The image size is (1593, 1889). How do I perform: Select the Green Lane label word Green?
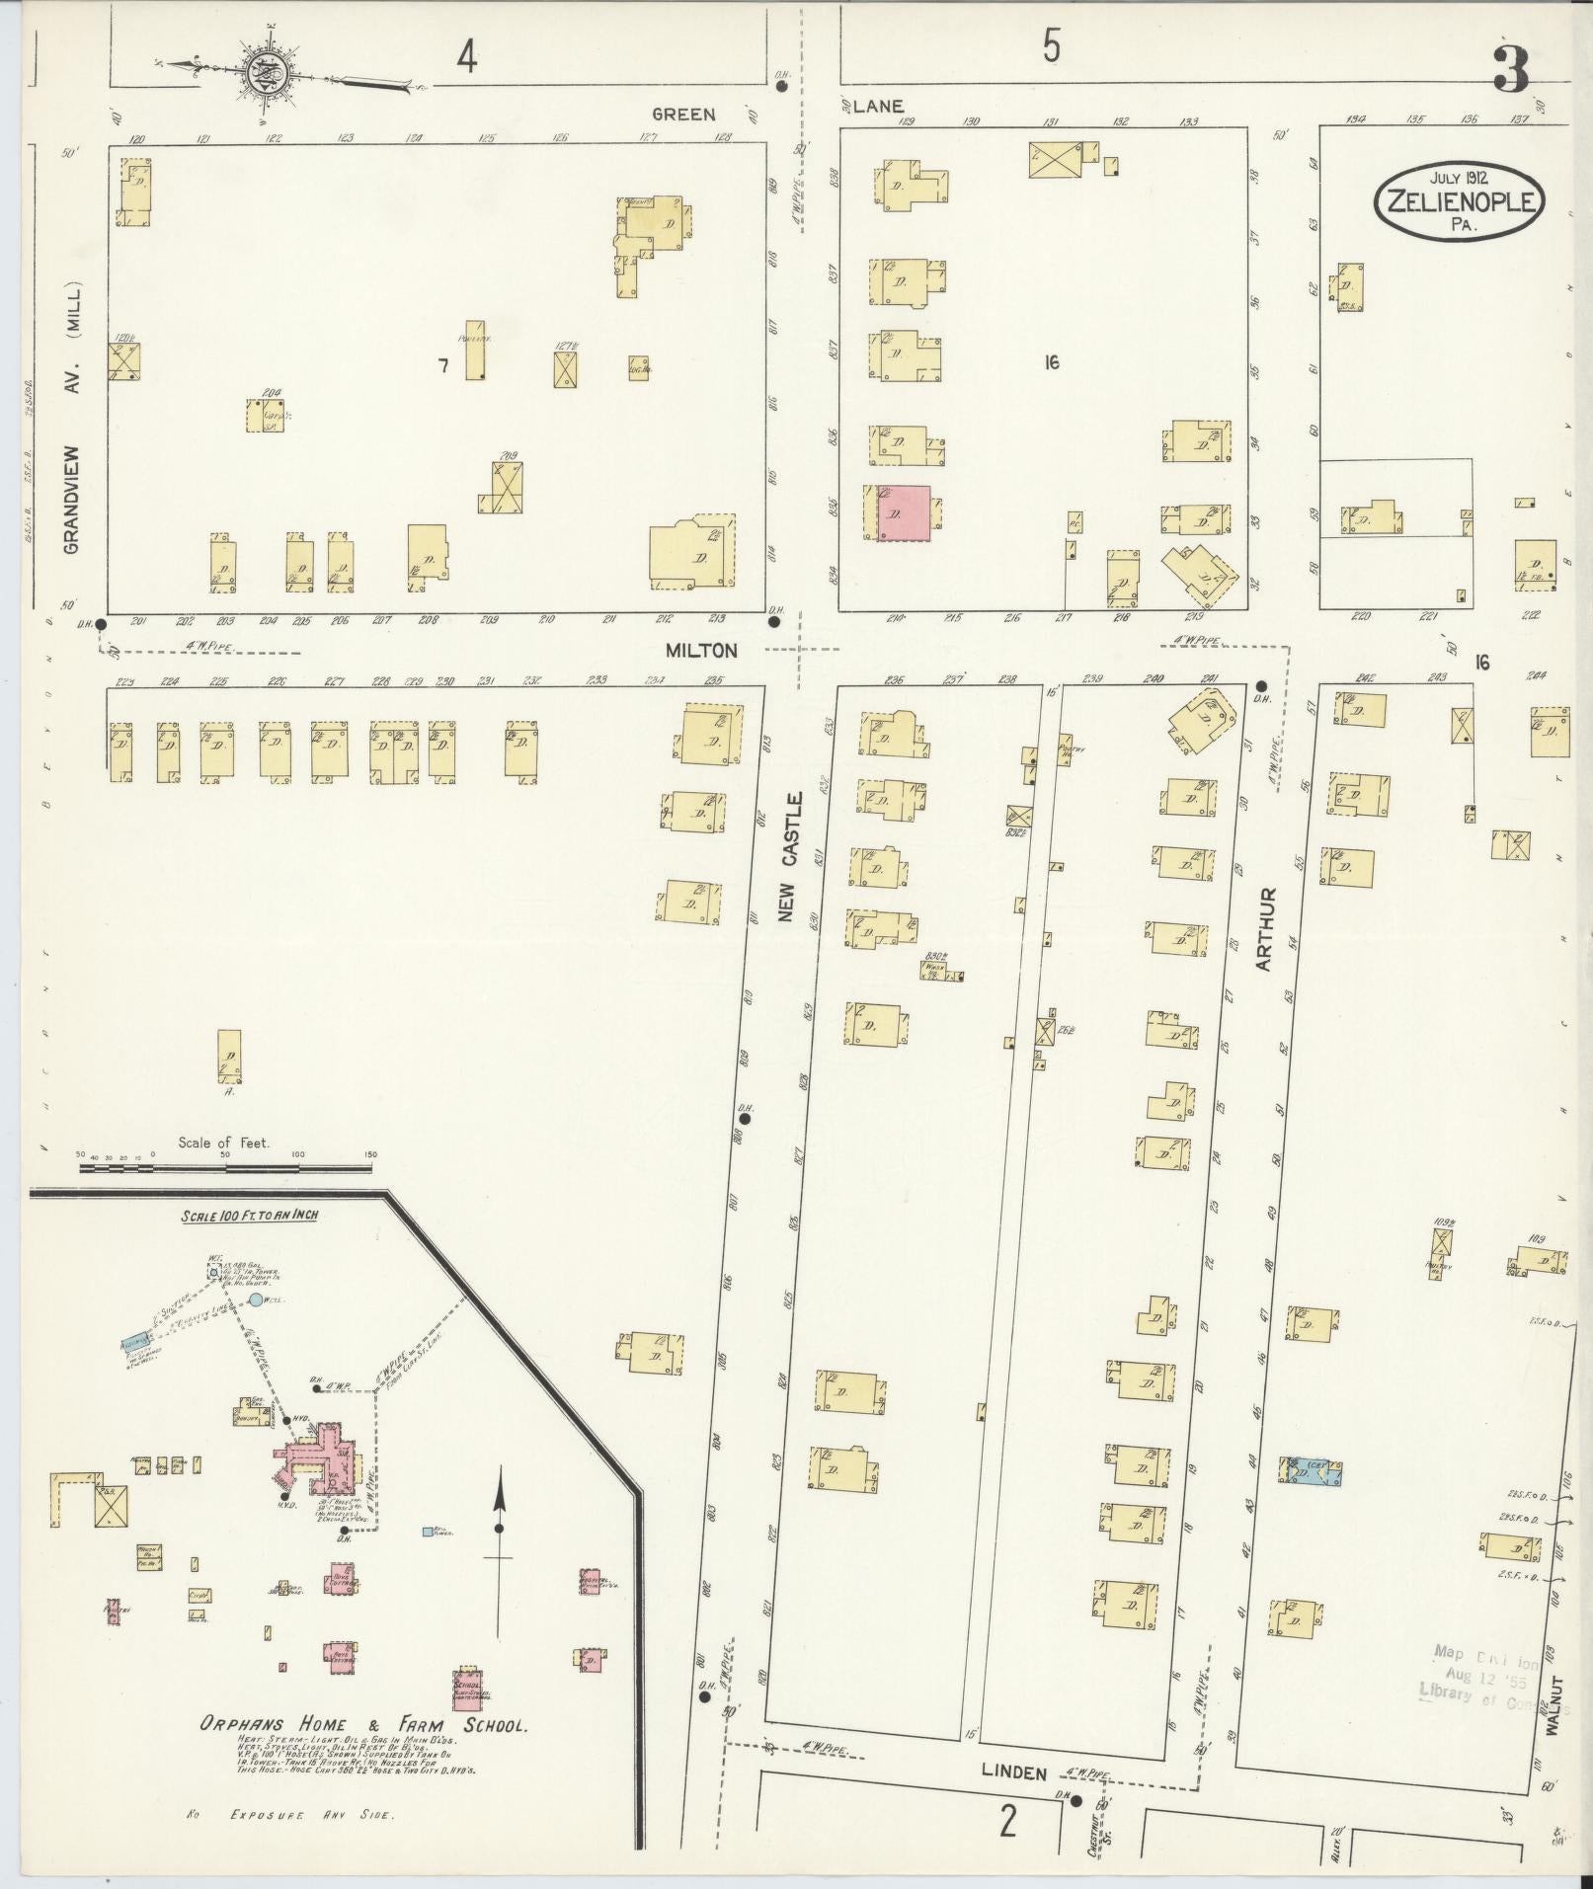[x=682, y=114]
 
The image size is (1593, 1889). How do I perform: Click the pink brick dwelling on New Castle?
[x=903, y=513]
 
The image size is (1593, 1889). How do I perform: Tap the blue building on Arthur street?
[x=1312, y=1470]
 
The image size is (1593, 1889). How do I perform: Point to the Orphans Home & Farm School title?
[x=364, y=1726]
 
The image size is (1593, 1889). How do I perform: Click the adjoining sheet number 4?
[x=467, y=58]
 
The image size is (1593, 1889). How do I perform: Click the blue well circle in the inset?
[x=256, y=1300]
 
